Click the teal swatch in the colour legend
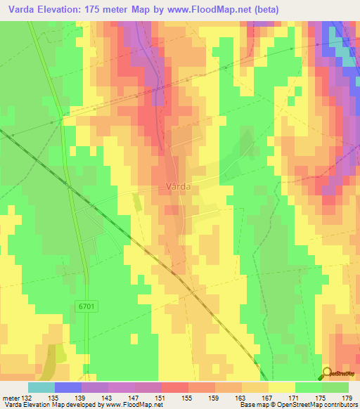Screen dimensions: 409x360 [41, 387]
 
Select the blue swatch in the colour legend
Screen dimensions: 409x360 [68, 387]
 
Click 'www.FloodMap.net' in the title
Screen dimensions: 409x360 [212, 9]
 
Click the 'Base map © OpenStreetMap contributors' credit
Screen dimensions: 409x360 [298, 405]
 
